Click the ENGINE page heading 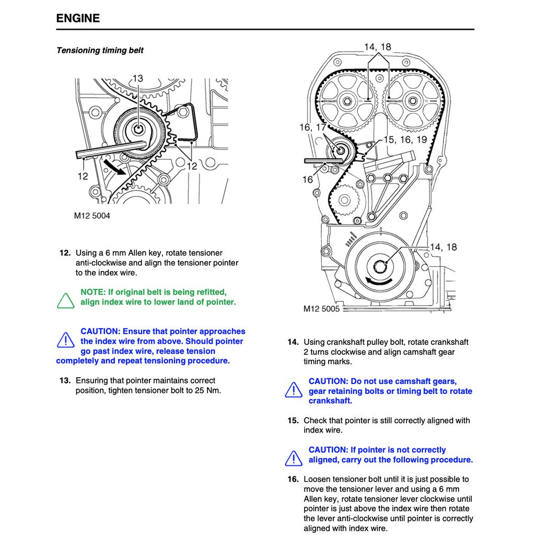click(x=78, y=18)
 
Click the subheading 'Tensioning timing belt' click(x=100, y=51)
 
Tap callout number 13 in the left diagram click(x=137, y=78)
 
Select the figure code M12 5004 click(x=92, y=215)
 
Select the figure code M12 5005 click(x=321, y=309)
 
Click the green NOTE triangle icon click(x=66, y=301)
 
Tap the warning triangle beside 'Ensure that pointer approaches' click(x=66, y=340)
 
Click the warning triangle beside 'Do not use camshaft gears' click(x=294, y=390)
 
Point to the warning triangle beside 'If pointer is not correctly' click(x=294, y=458)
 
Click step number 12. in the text click(x=65, y=253)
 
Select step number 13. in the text click(x=65, y=380)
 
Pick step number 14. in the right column click(x=293, y=342)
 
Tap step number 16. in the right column click(x=293, y=479)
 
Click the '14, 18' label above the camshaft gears click(x=377, y=47)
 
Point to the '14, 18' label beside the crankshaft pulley click(x=443, y=247)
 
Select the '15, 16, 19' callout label click(x=405, y=139)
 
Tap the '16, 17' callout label click(x=312, y=127)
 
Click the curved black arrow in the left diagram click(x=114, y=167)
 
